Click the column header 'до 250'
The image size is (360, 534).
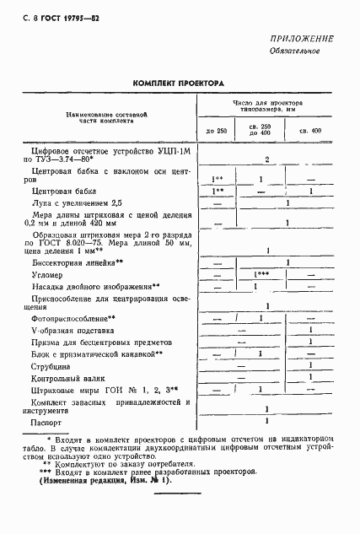pyautogui.click(x=217, y=131)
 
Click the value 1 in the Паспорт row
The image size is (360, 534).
pyautogui.click(x=266, y=419)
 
